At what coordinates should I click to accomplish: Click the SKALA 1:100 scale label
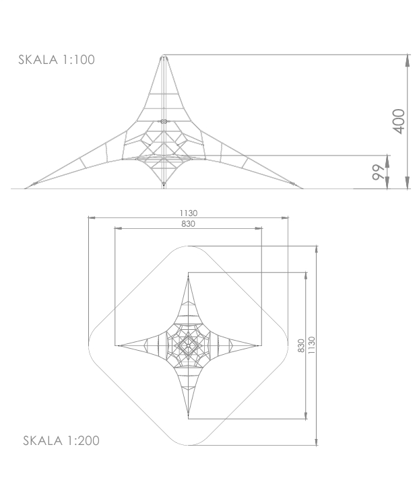click(57, 60)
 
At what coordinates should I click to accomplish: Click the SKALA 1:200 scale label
click(61, 441)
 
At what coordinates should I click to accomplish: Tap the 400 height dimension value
click(399, 121)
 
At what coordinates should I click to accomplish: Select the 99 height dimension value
click(379, 172)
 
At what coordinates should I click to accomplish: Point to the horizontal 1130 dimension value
click(189, 213)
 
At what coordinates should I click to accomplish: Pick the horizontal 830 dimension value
click(188, 224)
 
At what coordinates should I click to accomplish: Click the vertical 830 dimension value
click(301, 345)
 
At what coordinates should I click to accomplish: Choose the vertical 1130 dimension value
click(311, 345)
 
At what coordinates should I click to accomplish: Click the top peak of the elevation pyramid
click(164, 57)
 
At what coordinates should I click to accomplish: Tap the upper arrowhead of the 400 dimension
click(408, 61)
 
